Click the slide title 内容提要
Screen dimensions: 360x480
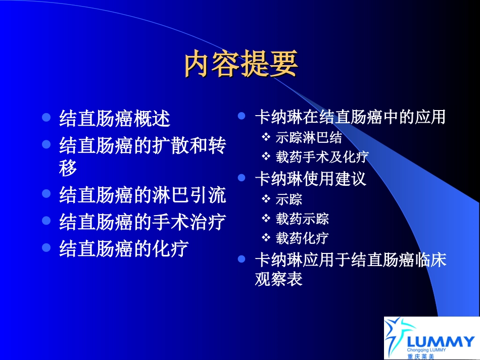[241, 64]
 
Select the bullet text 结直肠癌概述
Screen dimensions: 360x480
[115, 119]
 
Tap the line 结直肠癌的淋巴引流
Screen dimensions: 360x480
[142, 195]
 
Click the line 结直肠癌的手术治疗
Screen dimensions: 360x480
[142, 222]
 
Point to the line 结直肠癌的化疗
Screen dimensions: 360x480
[124, 248]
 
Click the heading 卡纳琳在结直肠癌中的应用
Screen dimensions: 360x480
[350, 117]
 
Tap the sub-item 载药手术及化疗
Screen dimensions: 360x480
[322, 157]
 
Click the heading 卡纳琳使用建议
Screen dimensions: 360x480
[311, 179]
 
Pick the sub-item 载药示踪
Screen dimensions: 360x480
[302, 219]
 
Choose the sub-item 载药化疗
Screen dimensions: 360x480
[302, 238]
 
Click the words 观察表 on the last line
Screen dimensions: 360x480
[278, 279]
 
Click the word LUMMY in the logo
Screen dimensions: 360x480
[441, 341]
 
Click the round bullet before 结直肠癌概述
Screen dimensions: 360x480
[46, 118]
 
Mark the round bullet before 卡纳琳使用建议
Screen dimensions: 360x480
[242, 178]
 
